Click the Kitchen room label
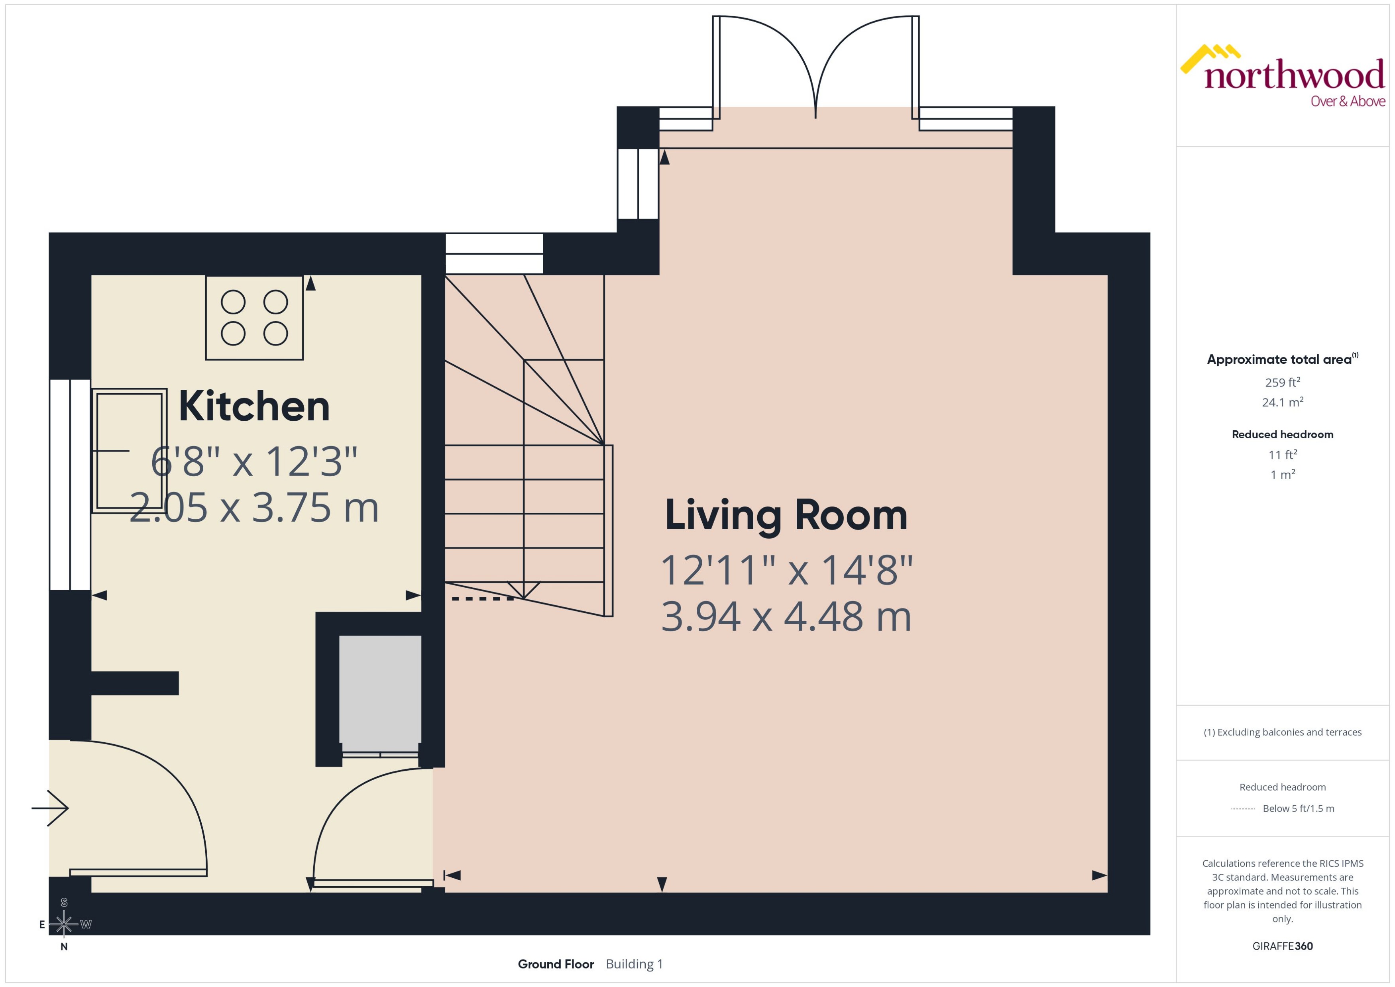click(x=254, y=406)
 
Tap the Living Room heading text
click(x=786, y=515)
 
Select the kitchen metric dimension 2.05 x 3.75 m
click(x=254, y=508)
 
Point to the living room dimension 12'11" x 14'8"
click(x=786, y=571)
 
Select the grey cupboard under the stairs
click(x=380, y=693)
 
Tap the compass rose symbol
click(x=64, y=924)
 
